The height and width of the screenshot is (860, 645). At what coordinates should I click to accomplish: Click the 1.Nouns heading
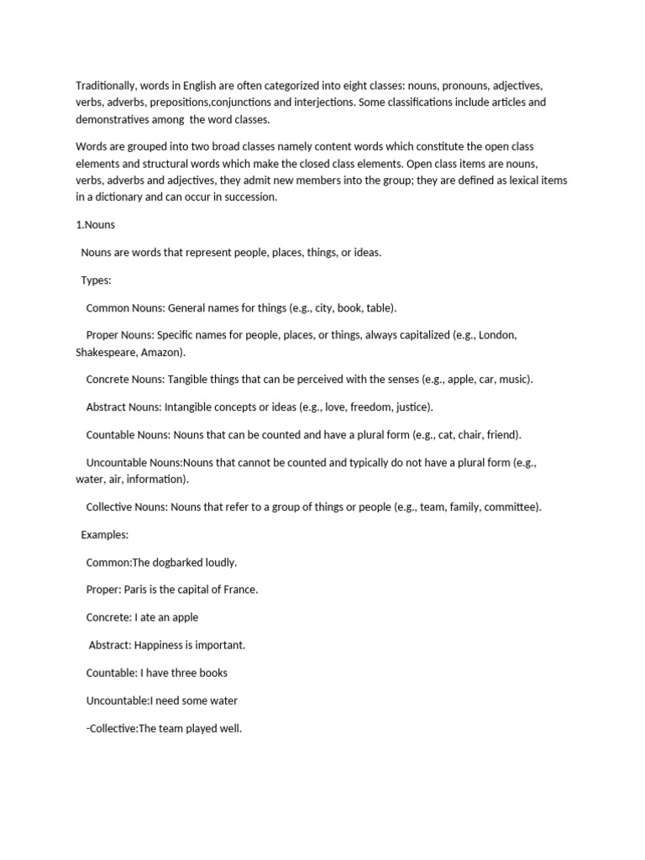95,225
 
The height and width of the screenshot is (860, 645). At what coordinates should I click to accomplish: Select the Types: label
96,281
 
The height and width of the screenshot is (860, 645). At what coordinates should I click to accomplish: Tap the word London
497,336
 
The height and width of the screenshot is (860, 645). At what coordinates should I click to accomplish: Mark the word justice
413,407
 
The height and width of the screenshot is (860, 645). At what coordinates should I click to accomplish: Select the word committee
509,507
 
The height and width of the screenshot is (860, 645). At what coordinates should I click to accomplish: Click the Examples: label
105,535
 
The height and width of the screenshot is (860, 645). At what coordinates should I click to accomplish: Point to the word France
239,590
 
